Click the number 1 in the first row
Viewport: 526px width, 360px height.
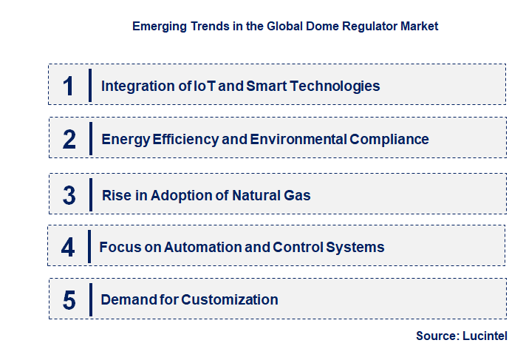click(x=69, y=86)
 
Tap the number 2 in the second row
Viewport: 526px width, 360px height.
click(x=69, y=139)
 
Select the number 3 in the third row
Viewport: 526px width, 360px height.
click(x=69, y=196)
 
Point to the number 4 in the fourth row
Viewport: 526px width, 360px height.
click(x=68, y=247)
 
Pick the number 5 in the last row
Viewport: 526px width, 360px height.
click(x=69, y=300)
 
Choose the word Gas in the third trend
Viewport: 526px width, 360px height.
click(x=298, y=196)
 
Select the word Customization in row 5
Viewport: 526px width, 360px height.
click(x=230, y=299)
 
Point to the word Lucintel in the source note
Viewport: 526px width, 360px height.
click(x=486, y=336)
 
